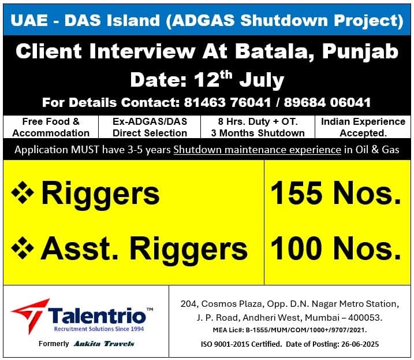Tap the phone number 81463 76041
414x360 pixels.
227,102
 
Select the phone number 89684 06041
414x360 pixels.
327,102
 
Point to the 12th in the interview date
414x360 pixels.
213,79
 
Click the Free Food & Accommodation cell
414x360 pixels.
51,127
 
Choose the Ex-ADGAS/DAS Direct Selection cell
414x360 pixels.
150,127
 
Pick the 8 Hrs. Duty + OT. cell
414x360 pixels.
258,127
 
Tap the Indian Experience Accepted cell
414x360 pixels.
363,127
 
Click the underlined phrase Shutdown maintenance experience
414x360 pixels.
257,150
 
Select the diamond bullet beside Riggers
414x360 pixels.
23,192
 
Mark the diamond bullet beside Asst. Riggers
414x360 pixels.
23,248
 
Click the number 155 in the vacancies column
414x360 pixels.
296,193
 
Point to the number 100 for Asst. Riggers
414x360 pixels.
296,248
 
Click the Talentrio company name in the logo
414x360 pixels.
97,316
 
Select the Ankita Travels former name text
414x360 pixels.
104,344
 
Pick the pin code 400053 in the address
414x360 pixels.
364,317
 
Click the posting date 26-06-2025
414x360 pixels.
360,344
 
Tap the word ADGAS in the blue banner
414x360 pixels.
203,20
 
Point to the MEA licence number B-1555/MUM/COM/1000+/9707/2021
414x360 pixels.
306,330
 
